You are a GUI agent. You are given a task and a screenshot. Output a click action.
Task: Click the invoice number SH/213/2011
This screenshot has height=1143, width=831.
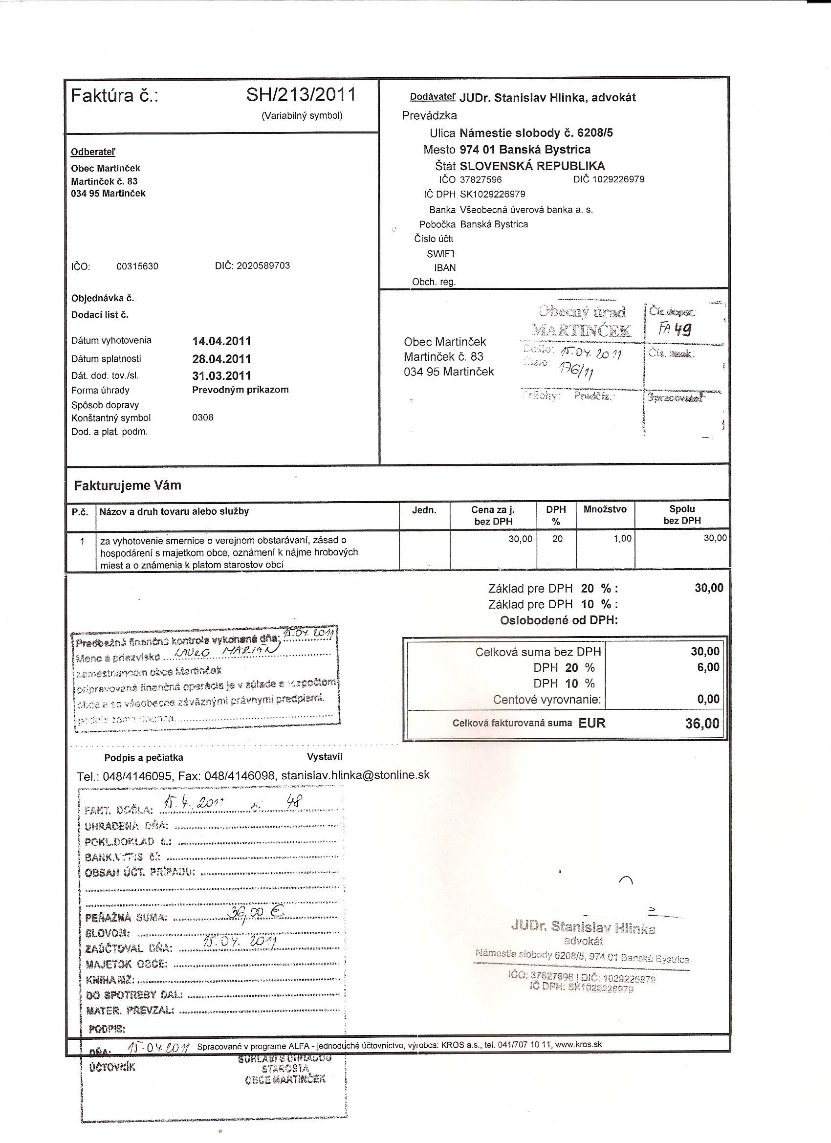[301, 95]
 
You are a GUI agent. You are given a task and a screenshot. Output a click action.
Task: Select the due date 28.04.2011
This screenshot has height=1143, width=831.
[221, 359]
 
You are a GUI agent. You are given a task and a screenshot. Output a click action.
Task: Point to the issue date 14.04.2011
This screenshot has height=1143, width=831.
[221, 341]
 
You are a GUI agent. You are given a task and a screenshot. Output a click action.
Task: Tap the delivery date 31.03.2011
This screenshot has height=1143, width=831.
[221, 375]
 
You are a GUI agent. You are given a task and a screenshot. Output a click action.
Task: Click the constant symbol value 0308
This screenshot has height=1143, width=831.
[202, 418]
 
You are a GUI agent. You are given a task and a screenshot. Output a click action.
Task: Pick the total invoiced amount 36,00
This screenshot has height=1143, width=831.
[702, 724]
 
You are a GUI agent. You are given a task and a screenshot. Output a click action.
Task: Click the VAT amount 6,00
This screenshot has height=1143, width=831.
[708, 667]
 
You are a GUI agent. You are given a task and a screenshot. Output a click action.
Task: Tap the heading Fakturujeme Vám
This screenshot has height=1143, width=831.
[128, 485]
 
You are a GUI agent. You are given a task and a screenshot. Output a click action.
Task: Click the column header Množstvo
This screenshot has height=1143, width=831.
[605, 509]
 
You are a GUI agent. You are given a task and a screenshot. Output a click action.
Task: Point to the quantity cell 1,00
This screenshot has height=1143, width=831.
[622, 539]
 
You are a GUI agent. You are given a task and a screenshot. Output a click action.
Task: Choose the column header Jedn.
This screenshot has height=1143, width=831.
[424, 510]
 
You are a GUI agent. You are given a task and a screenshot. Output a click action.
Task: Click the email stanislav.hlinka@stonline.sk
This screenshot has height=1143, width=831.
[355, 775]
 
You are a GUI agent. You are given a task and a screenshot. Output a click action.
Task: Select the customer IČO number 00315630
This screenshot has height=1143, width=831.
[137, 266]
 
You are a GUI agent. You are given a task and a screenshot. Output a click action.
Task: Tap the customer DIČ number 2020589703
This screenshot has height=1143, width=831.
[263, 265]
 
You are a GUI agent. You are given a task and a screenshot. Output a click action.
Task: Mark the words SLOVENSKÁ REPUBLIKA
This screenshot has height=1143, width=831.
[532, 166]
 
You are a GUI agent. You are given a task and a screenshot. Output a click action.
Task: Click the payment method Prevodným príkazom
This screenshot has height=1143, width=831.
[240, 390]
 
